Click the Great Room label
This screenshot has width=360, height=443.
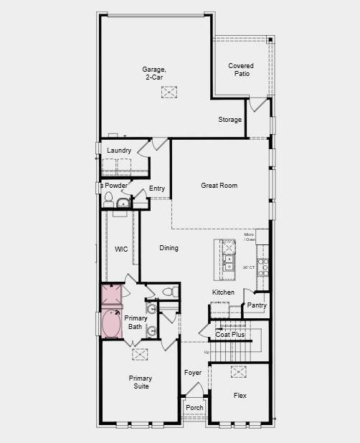point(219,186)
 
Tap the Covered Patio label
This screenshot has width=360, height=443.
point(241,70)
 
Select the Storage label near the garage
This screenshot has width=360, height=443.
point(230,120)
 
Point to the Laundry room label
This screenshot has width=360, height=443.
point(119,150)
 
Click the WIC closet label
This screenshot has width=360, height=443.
point(121,249)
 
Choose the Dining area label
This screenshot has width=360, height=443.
point(169,248)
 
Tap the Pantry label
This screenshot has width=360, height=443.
point(257,305)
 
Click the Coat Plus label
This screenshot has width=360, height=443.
point(230,335)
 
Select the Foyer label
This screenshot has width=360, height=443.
point(192,373)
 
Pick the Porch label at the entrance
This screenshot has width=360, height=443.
point(194,408)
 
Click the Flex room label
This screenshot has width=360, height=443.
point(240,395)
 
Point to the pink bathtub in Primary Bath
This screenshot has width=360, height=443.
point(111,323)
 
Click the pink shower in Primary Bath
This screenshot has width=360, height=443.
point(110,295)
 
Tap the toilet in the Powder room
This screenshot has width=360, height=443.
point(109,197)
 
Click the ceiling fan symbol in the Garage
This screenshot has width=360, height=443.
point(169,92)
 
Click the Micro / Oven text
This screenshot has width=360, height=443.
point(250,237)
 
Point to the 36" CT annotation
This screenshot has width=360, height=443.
point(249,267)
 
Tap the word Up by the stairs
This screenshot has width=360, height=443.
point(207,352)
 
